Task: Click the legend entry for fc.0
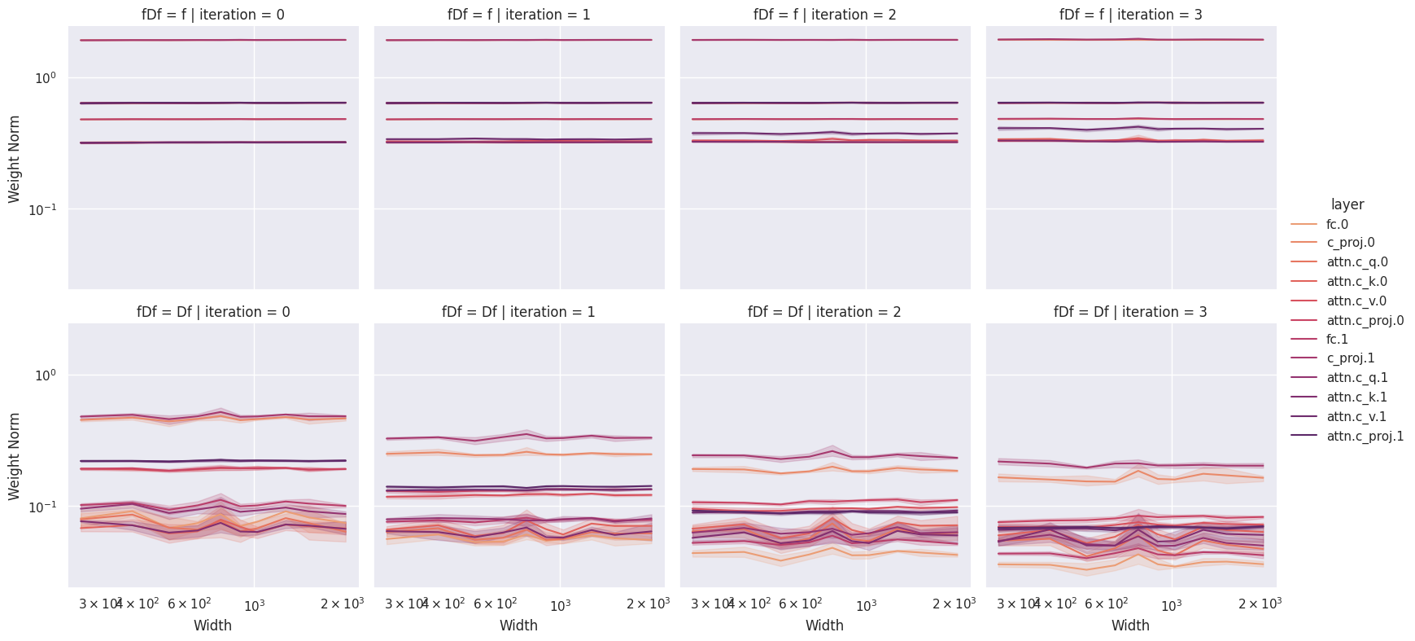click(x=1337, y=224)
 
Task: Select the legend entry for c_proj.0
click(x=1350, y=243)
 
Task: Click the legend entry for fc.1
click(x=1337, y=339)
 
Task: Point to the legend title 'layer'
click(x=1347, y=204)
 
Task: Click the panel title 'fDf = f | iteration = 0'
click(x=213, y=15)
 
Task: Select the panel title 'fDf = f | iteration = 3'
click(x=1130, y=15)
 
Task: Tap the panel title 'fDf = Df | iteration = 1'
click(x=518, y=312)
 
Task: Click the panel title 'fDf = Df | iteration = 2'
click(x=824, y=312)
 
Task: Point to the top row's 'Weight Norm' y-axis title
click(x=15, y=157)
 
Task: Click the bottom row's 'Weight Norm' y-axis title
click(x=15, y=455)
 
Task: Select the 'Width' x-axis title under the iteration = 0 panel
click(x=212, y=626)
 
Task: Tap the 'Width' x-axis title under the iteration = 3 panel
click(x=1130, y=626)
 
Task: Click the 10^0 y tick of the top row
click(x=44, y=78)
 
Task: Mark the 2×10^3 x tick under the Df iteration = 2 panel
click(x=954, y=604)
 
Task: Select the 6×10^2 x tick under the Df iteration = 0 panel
click(x=190, y=604)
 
